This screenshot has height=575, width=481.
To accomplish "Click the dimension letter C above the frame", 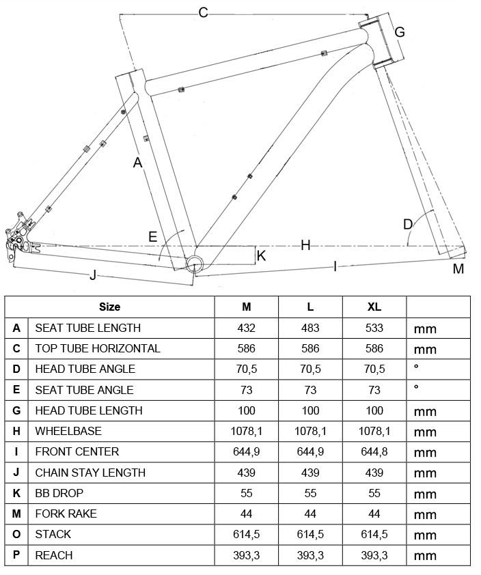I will [203, 12].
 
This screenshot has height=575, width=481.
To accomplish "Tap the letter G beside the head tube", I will [400, 32].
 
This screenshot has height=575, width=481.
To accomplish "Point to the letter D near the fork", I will [408, 224].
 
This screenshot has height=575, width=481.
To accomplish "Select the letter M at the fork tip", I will [458, 269].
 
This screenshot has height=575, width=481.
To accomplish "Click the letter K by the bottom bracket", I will [261, 256].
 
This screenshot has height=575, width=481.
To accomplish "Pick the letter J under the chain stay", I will [93, 275].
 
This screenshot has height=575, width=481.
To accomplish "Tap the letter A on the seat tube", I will [137, 163].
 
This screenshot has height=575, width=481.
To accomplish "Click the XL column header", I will [374, 307].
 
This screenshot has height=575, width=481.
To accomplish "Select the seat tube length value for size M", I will [246, 328].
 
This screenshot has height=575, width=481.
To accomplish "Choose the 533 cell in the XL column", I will [374, 328].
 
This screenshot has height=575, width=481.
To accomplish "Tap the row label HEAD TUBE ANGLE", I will [85, 369].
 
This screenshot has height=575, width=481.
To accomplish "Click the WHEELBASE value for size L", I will [310, 431].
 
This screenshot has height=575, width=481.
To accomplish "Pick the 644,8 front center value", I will [374, 451].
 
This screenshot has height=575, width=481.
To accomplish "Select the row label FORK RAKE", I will [66, 514].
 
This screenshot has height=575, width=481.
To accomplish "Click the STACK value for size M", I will [246, 534].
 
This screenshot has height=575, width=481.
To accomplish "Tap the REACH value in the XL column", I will [374, 555].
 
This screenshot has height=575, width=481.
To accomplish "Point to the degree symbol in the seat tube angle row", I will [415, 387].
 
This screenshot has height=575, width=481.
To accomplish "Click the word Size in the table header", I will [109, 307].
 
